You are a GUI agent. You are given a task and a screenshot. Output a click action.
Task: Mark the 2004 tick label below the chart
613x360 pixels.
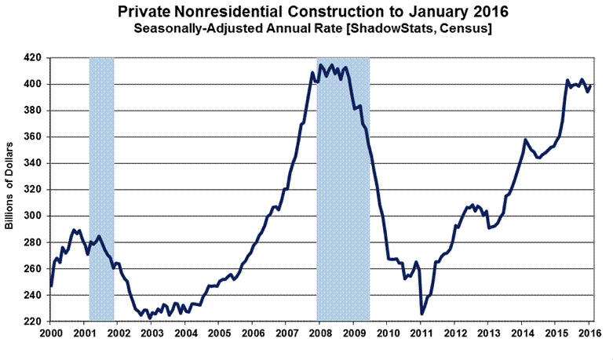pos(185,333)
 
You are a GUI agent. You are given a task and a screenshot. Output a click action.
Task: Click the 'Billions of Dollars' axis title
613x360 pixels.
pos(9,189)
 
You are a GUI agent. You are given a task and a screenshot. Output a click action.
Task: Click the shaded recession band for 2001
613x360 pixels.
pos(101,188)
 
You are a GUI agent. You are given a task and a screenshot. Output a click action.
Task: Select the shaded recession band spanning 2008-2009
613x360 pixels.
pos(343,188)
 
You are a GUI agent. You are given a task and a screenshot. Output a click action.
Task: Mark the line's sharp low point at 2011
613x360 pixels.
pos(421,314)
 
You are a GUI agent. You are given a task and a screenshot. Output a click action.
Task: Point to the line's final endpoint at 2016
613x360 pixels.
pos(591,85)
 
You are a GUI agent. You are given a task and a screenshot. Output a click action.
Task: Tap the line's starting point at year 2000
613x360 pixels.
pos(50,285)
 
